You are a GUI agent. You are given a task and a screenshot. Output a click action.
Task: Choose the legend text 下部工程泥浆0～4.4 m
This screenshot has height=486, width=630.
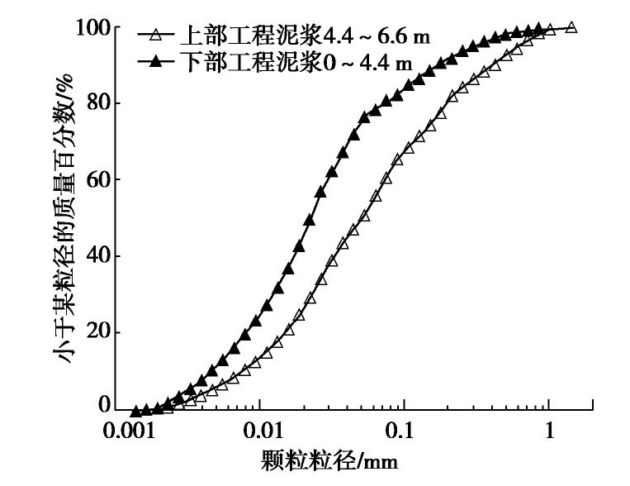293,63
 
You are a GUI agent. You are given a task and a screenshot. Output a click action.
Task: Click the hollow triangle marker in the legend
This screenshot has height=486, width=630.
153,36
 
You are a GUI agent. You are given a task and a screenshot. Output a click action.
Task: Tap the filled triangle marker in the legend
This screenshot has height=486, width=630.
153,63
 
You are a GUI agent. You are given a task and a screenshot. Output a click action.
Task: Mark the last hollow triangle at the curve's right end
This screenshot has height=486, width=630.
571,27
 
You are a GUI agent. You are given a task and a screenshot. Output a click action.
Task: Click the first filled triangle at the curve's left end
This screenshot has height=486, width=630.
135,411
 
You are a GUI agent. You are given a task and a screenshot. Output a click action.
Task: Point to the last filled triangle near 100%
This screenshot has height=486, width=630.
538,28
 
